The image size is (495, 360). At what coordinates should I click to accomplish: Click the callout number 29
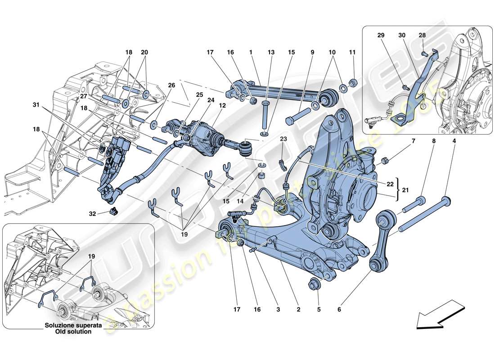[382, 35]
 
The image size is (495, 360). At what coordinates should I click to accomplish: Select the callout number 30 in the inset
[402, 35]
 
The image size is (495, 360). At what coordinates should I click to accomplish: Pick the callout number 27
[83, 96]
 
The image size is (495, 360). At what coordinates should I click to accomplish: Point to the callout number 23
[283, 139]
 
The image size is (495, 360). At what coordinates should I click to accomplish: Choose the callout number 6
[339, 310]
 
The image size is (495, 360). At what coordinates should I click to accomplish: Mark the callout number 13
[271, 53]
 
